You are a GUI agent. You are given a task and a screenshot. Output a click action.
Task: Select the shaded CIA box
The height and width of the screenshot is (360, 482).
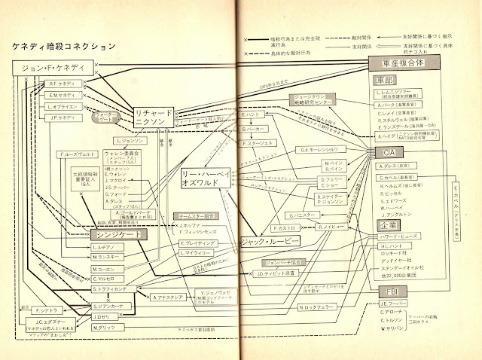click(x=384, y=153)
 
